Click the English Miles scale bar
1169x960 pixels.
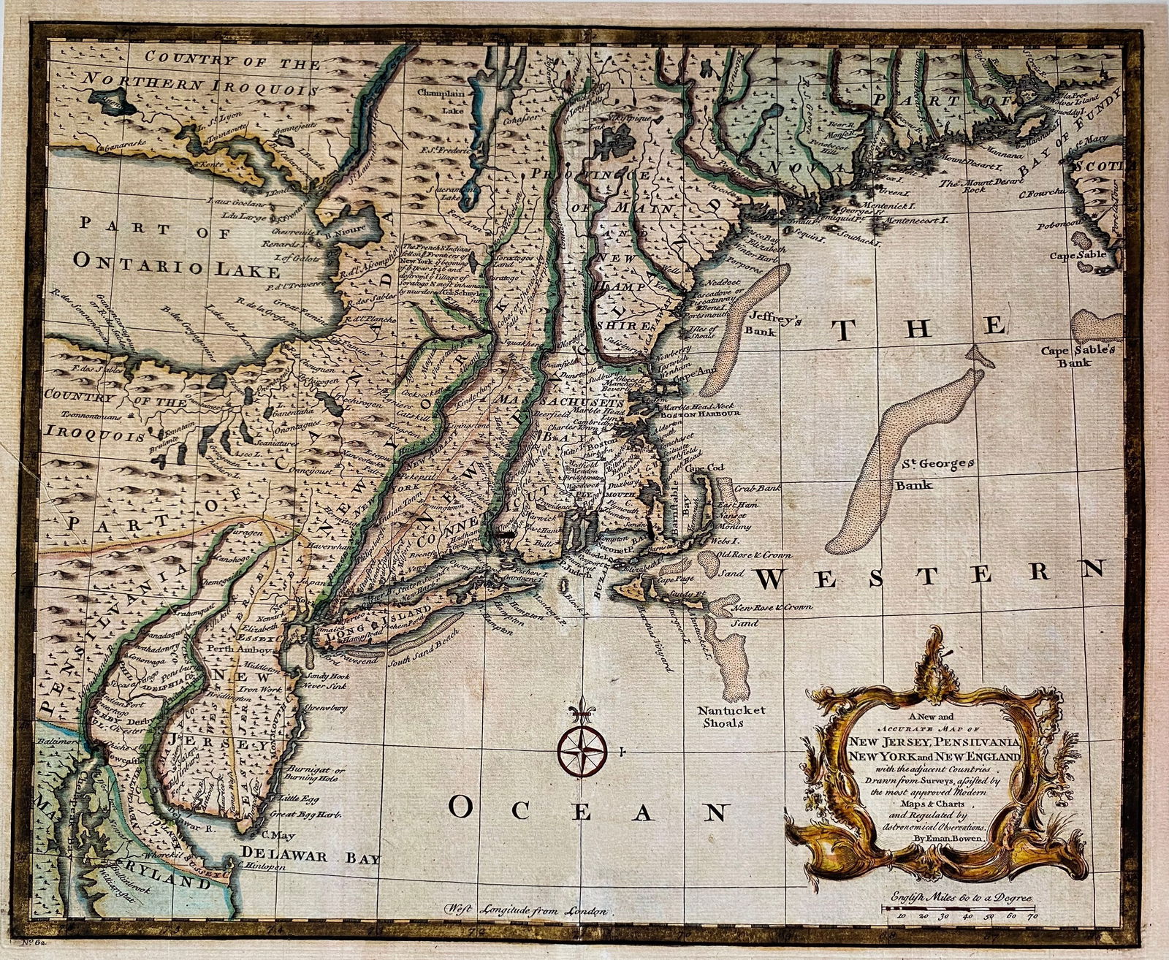(959, 908)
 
